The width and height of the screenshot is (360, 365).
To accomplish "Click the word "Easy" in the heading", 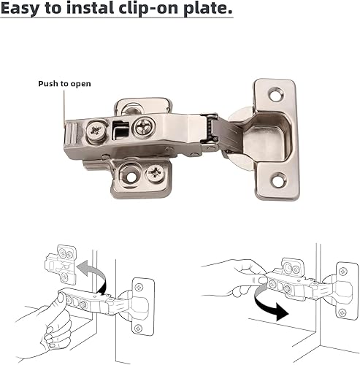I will tap(23, 10).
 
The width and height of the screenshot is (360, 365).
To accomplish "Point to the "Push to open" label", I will tap(65, 83).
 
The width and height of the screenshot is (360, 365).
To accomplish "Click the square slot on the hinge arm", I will tap(120, 130).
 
